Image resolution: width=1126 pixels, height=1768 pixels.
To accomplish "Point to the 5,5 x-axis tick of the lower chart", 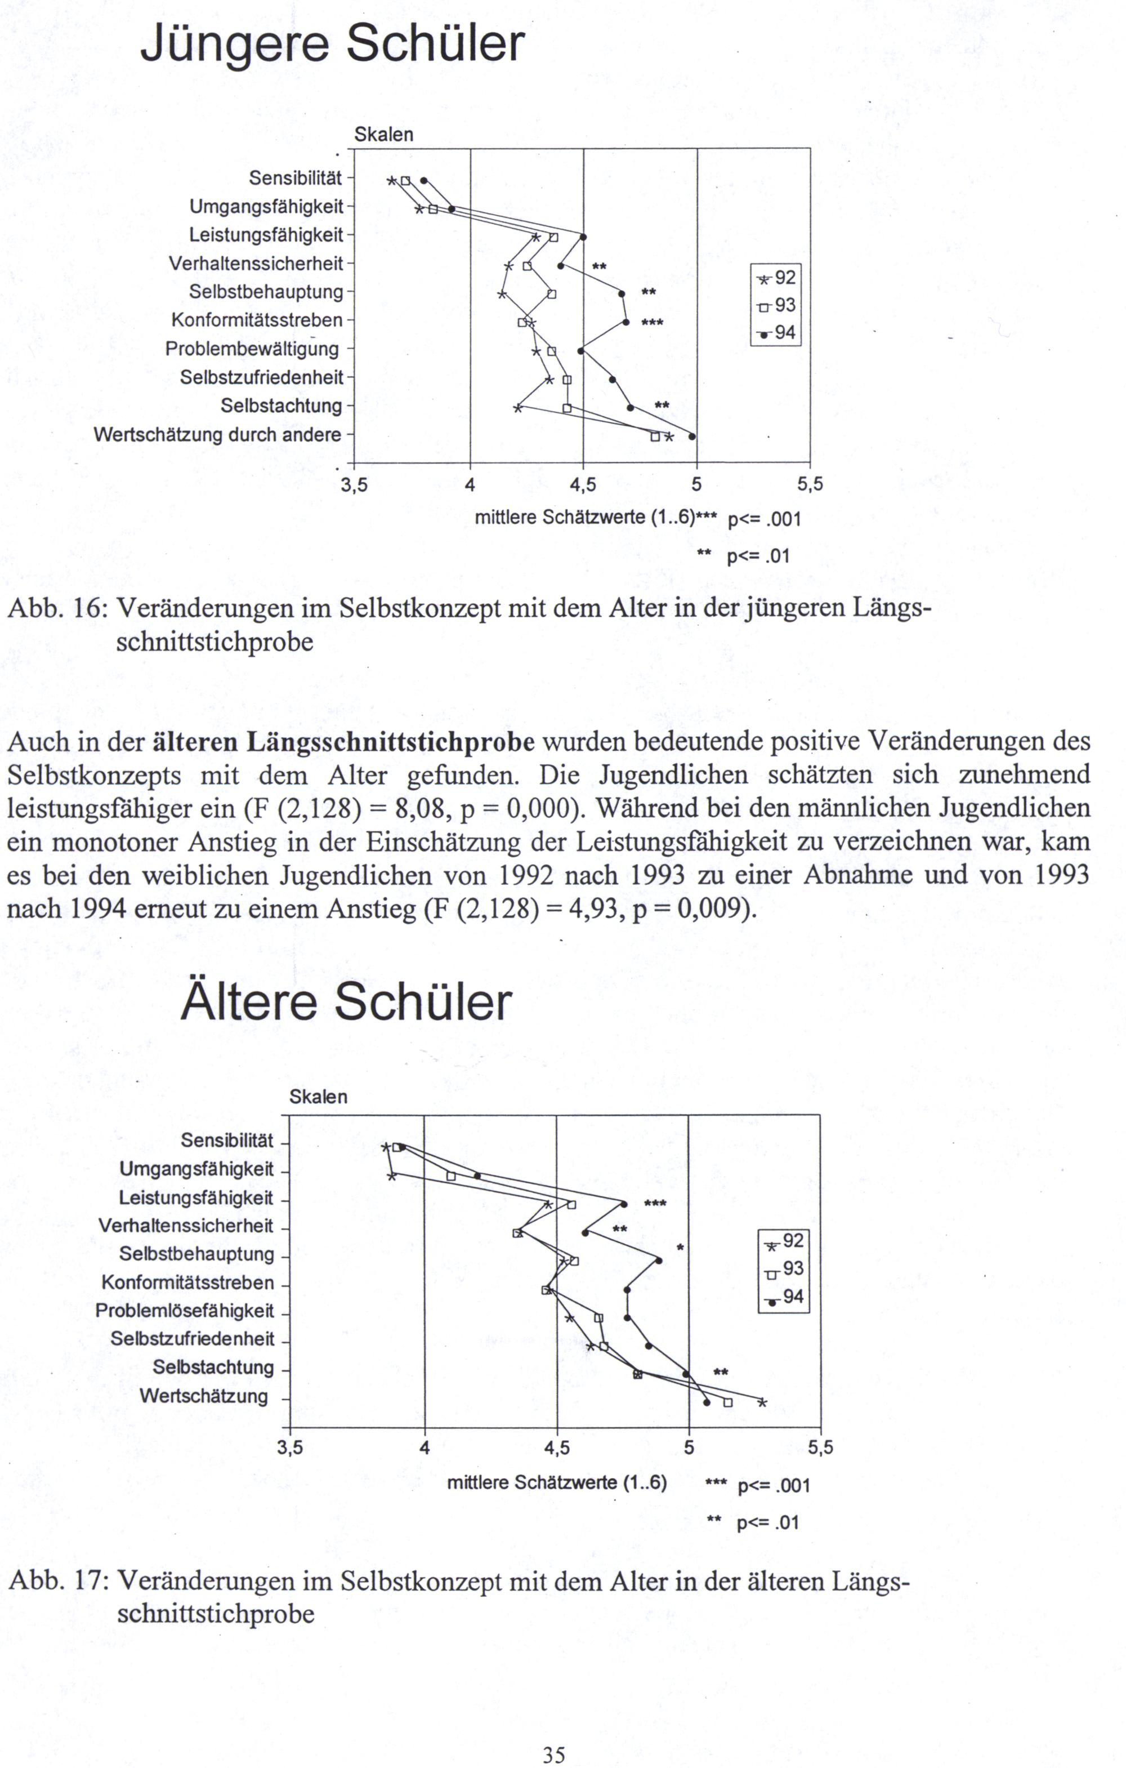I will tap(820, 1448).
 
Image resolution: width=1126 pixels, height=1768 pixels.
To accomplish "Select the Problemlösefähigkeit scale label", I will tap(185, 1311).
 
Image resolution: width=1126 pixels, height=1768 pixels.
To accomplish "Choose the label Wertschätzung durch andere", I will tap(217, 435).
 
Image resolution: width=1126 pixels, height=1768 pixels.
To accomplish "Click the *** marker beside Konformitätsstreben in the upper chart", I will tap(652, 322).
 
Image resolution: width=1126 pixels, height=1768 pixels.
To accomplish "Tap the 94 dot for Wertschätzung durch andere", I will tap(691, 437).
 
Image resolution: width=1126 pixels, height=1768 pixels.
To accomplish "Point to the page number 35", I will tap(553, 1749).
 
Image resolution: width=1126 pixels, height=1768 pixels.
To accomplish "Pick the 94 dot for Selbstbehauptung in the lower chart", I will tap(658, 1261).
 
